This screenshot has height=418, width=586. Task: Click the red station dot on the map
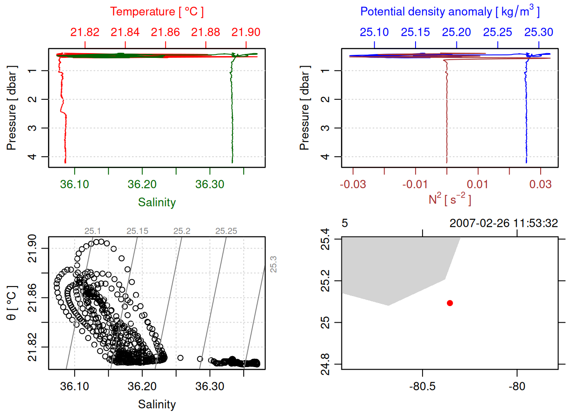[x=450, y=303]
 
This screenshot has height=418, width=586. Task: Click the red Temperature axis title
[x=157, y=12]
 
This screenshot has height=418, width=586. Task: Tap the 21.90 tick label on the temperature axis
[x=246, y=32]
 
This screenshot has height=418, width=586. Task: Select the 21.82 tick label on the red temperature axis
[x=85, y=32]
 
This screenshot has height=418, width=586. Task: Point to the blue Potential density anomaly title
[x=450, y=11]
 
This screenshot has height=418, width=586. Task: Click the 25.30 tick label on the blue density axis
[x=538, y=32]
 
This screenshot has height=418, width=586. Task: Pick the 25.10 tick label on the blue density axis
[x=374, y=32]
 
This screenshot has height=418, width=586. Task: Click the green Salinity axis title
[x=157, y=202]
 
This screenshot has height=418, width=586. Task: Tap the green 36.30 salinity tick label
[x=210, y=184]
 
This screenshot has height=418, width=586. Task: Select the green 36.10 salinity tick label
[x=75, y=184]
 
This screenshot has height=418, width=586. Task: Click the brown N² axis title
[x=450, y=199]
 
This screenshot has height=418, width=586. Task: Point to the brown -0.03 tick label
[x=353, y=184]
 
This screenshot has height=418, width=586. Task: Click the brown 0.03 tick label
[x=540, y=184]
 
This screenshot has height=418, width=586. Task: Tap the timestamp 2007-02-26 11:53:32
[x=504, y=223]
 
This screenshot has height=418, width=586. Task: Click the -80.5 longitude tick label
[x=422, y=386]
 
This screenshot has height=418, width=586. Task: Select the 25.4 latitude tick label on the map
[x=325, y=239]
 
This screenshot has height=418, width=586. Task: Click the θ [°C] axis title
[x=12, y=303]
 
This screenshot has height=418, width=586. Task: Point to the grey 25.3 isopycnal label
[x=273, y=264]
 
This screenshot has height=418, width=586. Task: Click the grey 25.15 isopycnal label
[x=137, y=231]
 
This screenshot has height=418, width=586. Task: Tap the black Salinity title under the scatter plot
[x=157, y=405]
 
